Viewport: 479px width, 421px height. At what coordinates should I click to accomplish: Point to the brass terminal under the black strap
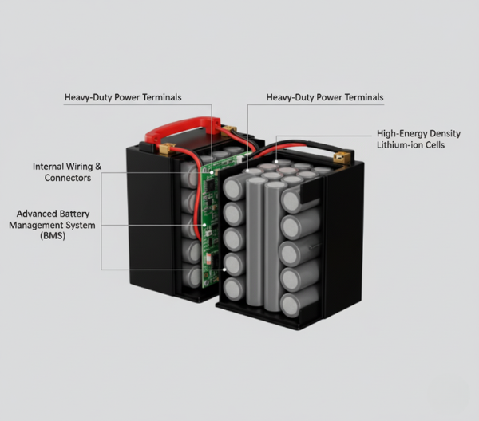(342, 159)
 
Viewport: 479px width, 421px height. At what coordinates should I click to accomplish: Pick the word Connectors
(68, 178)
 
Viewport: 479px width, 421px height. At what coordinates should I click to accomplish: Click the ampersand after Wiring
(99, 167)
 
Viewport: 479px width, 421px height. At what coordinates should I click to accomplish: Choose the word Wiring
(81, 167)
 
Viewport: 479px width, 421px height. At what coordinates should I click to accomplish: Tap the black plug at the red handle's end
(148, 147)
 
